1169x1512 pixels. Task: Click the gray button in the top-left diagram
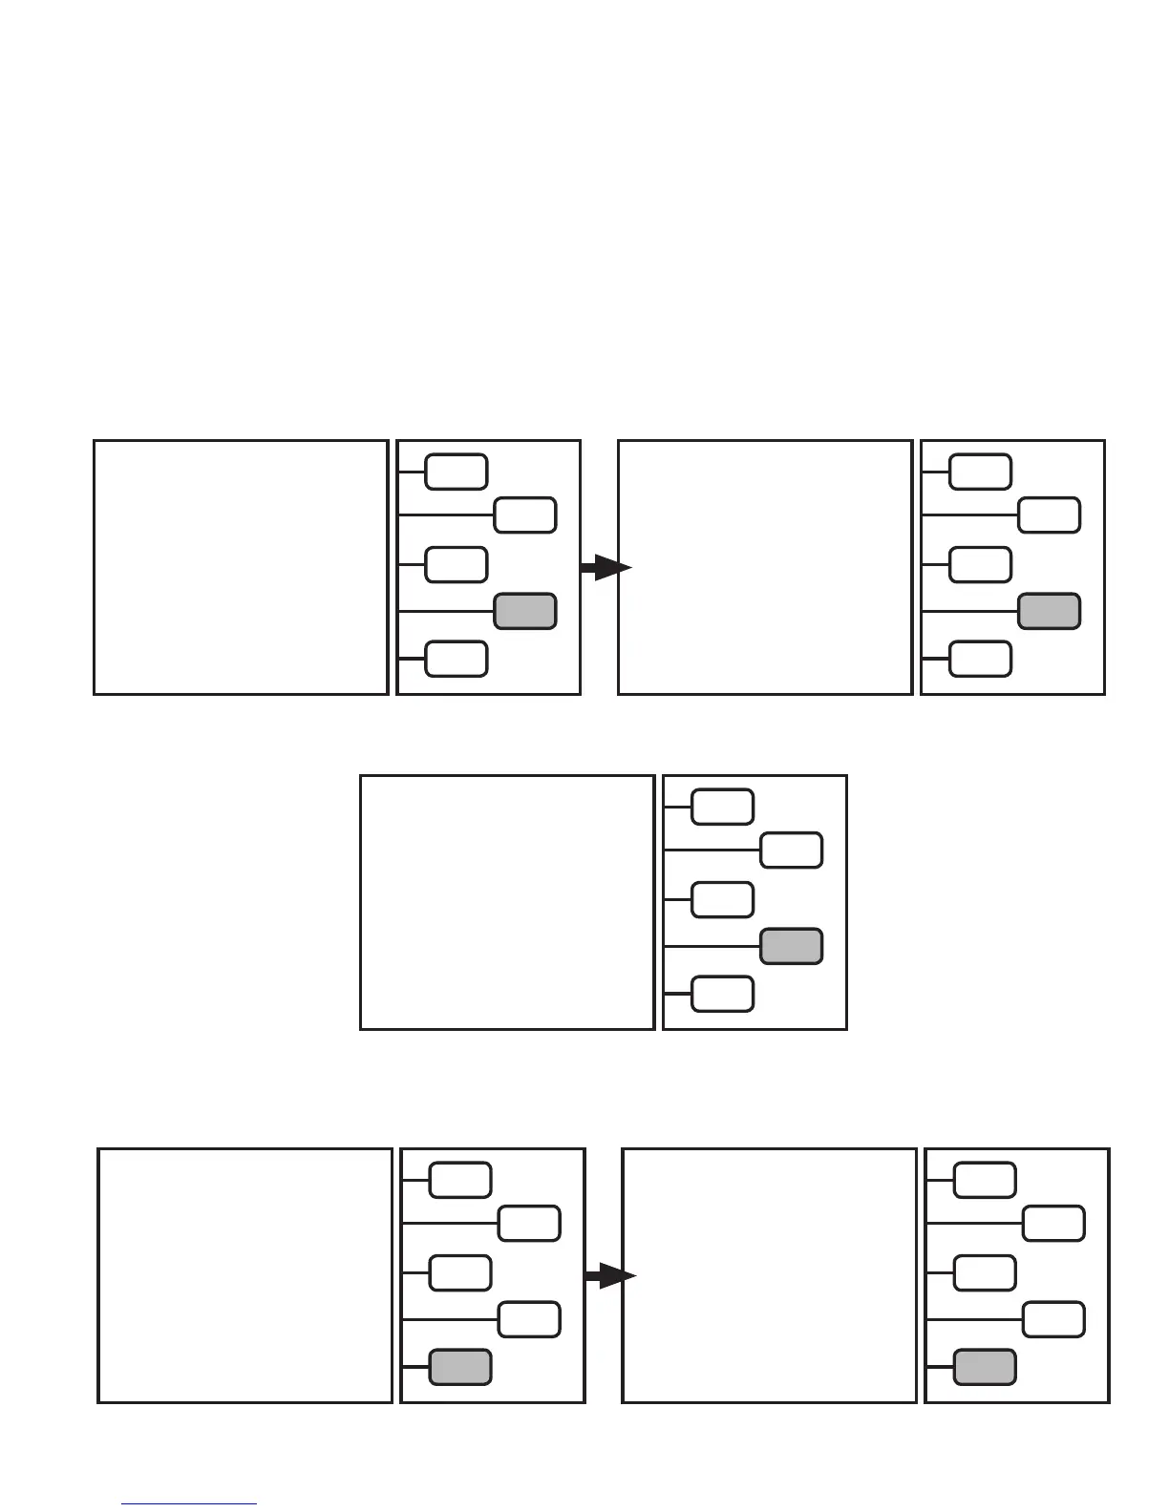[525, 611]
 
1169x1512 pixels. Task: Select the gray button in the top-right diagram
[1049, 611]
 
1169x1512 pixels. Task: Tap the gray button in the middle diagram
[791, 946]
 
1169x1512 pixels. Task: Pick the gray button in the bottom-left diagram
[460, 1367]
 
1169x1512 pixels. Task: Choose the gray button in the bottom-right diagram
[985, 1367]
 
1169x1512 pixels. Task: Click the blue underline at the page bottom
[189, 1504]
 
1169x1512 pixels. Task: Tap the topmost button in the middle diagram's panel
[722, 807]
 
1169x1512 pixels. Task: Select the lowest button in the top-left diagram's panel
[457, 659]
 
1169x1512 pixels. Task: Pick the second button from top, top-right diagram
[1049, 515]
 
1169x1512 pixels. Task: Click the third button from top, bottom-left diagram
[460, 1272]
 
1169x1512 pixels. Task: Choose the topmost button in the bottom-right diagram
[985, 1180]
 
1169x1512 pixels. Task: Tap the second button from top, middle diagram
[791, 850]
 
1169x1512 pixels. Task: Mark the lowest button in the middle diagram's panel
[722, 994]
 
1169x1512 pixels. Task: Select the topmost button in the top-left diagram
[457, 472]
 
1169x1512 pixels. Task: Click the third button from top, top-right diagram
[980, 564]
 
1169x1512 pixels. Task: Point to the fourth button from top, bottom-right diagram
[1053, 1319]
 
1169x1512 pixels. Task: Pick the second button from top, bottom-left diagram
[529, 1224]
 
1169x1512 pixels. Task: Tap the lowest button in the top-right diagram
[980, 659]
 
